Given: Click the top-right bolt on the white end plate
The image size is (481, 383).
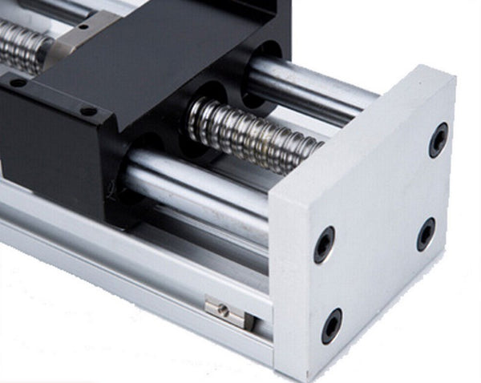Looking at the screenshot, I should (x=439, y=139).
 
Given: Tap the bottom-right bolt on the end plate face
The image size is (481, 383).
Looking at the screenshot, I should (x=426, y=234).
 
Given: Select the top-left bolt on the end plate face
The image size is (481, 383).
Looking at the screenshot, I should (x=324, y=244).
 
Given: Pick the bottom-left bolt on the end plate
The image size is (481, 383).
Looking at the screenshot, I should (x=331, y=325).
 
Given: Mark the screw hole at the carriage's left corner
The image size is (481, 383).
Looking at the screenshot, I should (x=18, y=83).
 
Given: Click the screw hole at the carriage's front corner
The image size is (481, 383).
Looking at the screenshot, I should (x=88, y=110).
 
